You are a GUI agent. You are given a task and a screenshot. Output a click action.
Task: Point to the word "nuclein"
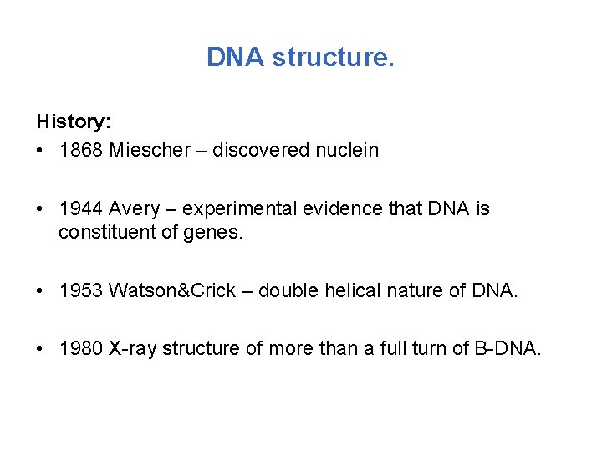[x=345, y=151]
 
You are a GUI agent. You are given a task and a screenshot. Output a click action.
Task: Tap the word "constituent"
[x=105, y=233]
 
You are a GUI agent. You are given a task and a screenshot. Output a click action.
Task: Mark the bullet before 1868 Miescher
[x=41, y=152]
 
